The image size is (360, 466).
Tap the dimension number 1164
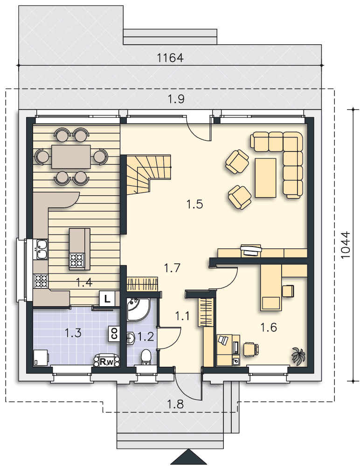click(x=170, y=58)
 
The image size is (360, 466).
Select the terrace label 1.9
click(x=176, y=99)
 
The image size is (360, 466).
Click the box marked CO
click(x=113, y=333)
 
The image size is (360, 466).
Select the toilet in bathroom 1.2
click(x=146, y=357)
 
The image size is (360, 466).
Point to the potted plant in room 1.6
click(x=298, y=356)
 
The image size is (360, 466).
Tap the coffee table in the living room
click(x=265, y=178)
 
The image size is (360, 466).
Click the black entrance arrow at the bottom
click(x=188, y=457)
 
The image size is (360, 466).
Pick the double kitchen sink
click(x=41, y=248)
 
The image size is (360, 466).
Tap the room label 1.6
click(x=269, y=328)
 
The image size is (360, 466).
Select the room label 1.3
click(x=73, y=333)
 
